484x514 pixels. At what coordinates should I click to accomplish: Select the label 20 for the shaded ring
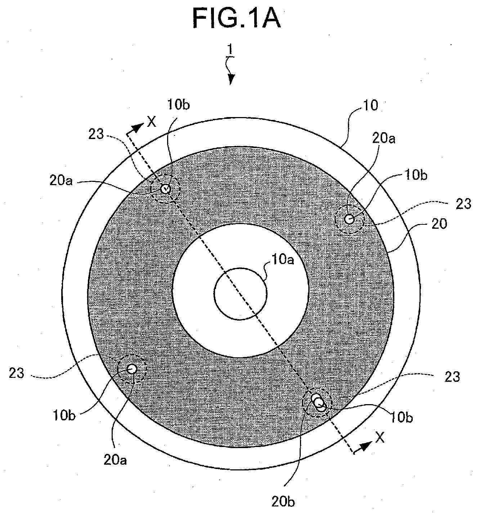click(x=439, y=223)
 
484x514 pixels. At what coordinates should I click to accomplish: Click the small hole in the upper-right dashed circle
click(x=349, y=219)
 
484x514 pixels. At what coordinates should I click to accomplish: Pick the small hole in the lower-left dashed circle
click(x=132, y=368)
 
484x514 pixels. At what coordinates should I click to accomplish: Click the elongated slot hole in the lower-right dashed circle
click(x=318, y=402)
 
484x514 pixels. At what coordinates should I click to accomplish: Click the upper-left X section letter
click(x=152, y=122)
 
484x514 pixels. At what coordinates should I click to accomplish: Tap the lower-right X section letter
click(x=380, y=437)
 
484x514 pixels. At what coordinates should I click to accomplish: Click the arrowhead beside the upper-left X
click(x=139, y=128)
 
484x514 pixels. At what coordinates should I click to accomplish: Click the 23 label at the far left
click(x=17, y=373)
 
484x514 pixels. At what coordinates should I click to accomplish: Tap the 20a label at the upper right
click(x=384, y=139)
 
